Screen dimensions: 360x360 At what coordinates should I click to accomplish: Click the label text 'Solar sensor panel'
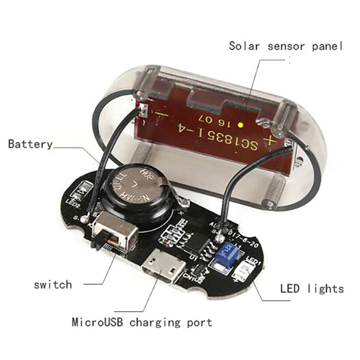pyautogui.click(x=286, y=45)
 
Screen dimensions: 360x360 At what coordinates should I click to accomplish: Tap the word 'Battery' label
pyautogui.click(x=30, y=144)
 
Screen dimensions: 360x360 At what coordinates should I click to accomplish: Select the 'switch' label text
pyautogui.click(x=53, y=284)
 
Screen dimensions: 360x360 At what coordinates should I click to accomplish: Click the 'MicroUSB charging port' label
pyautogui.click(x=142, y=322)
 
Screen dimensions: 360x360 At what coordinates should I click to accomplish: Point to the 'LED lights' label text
pyautogui.click(x=312, y=288)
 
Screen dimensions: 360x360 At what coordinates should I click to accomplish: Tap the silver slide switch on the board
pyautogui.click(x=116, y=234)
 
